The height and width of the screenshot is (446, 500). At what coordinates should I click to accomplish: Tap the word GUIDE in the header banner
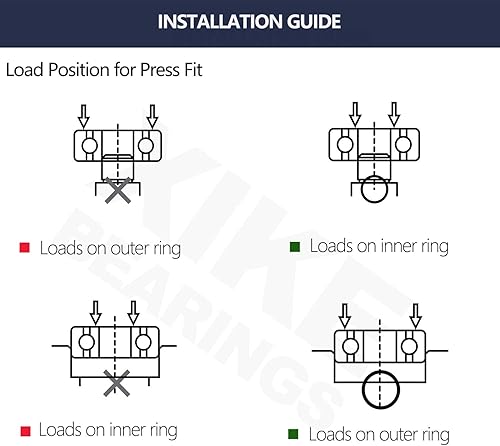click(314, 22)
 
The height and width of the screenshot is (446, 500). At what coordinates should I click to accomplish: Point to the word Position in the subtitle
click(79, 70)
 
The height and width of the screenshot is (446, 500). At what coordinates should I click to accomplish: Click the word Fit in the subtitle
click(193, 70)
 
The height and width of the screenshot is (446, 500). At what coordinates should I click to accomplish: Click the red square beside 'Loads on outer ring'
click(25, 248)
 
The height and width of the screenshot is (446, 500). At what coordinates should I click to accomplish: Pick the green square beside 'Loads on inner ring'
click(295, 247)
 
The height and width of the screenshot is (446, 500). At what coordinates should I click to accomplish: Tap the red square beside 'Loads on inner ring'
click(25, 431)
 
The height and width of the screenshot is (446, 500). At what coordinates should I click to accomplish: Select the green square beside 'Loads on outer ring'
click(293, 434)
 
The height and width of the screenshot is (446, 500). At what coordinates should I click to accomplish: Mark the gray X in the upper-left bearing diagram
click(118, 190)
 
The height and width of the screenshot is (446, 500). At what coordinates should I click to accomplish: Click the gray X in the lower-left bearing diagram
click(116, 383)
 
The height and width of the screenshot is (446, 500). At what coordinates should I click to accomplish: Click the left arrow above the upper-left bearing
click(83, 117)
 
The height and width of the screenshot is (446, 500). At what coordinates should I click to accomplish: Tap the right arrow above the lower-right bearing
click(415, 316)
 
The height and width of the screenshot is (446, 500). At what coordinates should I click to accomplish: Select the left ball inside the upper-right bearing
click(345, 145)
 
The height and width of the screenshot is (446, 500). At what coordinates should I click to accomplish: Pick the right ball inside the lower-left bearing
click(143, 342)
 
